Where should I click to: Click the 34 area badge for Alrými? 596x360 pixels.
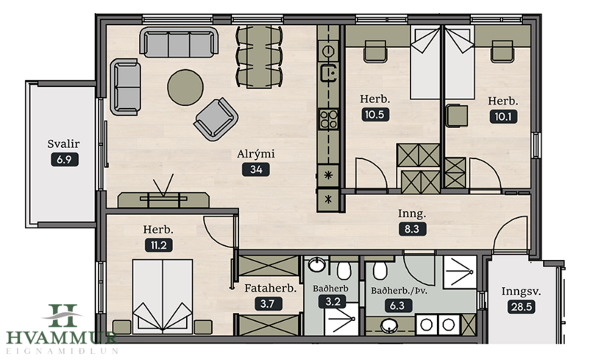[x=256, y=169]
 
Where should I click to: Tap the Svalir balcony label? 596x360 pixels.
[x=63, y=144]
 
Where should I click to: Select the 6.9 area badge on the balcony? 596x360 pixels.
[x=65, y=159]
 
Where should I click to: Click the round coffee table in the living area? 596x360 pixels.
[x=185, y=87]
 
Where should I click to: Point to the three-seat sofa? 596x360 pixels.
[x=179, y=42]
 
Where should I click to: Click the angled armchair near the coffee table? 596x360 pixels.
[x=216, y=119]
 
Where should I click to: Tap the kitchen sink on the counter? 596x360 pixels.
[x=329, y=73]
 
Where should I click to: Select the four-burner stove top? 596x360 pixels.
[x=329, y=119]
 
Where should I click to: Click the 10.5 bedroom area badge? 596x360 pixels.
[x=375, y=114]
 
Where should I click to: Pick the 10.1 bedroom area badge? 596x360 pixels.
[x=503, y=116]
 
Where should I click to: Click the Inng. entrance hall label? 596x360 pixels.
[x=412, y=213]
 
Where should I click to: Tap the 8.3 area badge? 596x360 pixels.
[x=412, y=229]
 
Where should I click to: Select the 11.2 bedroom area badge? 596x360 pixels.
[x=158, y=245]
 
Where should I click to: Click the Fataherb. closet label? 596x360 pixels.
[x=270, y=288]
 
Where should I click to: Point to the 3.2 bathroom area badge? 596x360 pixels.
[x=332, y=302]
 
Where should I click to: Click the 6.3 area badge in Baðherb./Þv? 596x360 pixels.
[x=397, y=306]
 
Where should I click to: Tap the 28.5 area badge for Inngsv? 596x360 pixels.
[x=522, y=307]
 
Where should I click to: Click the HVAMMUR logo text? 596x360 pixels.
[x=61, y=338]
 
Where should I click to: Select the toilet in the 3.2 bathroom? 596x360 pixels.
[x=344, y=270]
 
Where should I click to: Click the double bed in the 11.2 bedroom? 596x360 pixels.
[x=163, y=297]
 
